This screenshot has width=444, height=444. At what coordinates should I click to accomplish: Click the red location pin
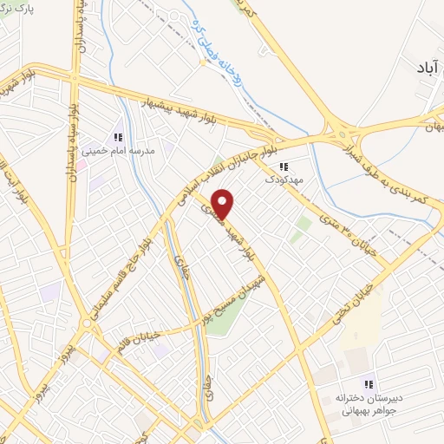click(224, 204)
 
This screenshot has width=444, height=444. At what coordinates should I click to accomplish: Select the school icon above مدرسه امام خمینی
click(118, 136)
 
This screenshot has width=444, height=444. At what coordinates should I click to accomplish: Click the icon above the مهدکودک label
click(283, 167)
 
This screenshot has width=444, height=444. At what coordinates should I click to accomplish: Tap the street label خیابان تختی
click(356, 300)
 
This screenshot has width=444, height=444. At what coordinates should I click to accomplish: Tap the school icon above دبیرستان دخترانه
click(369, 383)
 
